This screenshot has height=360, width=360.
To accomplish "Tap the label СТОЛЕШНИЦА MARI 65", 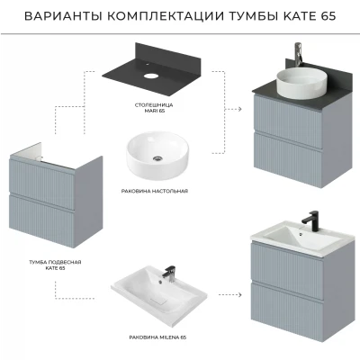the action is (154, 108).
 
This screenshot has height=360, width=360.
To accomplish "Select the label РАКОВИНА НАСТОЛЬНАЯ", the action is (155, 191).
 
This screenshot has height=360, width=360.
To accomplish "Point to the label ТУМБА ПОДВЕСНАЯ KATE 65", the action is (55, 265).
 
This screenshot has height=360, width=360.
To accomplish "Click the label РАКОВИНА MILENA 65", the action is (157, 337).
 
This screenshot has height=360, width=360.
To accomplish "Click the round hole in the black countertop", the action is (150, 75).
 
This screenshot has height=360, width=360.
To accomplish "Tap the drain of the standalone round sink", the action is (157, 158).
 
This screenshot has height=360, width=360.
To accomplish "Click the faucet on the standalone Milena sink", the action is (169, 274).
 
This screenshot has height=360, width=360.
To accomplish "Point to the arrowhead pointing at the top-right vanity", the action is (239, 109).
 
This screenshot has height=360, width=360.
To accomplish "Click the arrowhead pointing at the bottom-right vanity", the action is (239, 295).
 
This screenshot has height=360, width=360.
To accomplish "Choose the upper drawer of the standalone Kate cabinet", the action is (41, 183).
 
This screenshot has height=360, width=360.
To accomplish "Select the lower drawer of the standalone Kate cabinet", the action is (41, 221).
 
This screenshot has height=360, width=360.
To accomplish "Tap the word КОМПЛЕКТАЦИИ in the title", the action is (166, 16).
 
